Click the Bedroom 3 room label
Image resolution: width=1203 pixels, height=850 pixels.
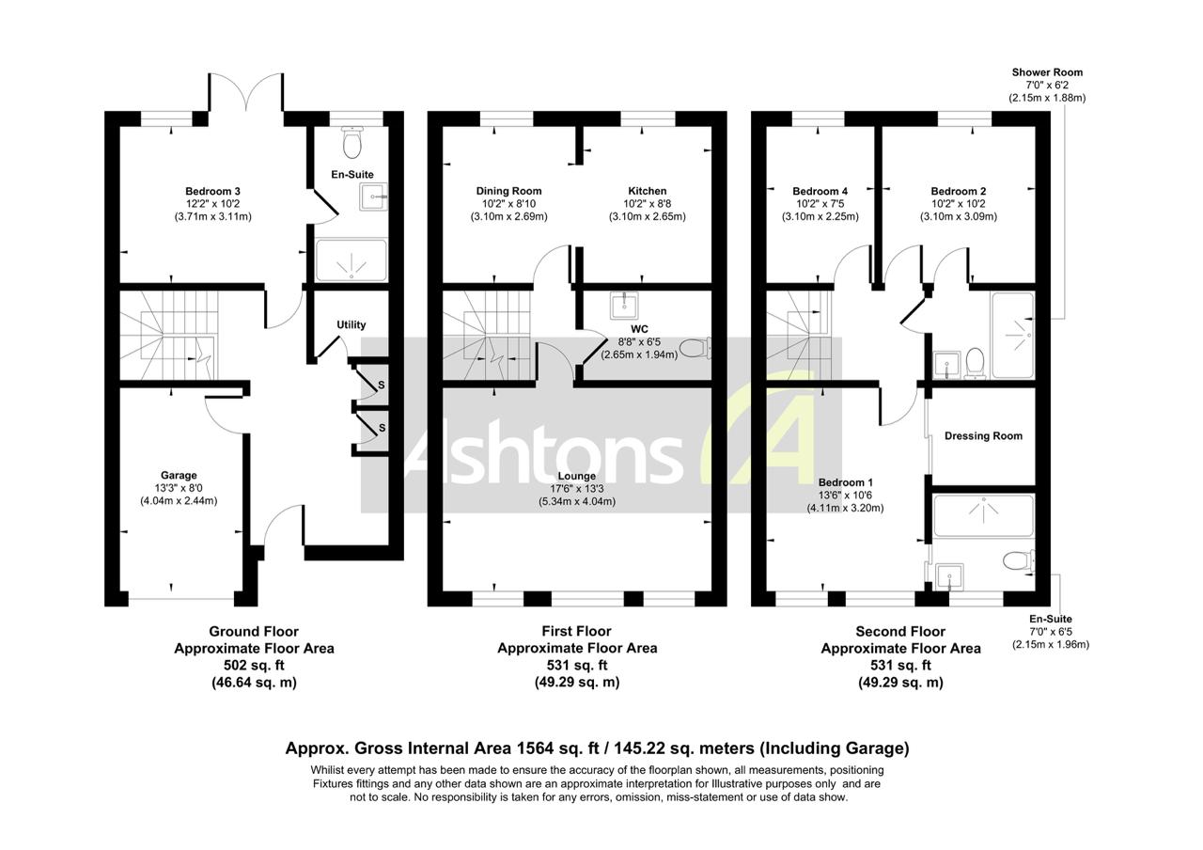coord(212,191)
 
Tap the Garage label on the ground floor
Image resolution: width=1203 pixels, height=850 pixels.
coord(179,475)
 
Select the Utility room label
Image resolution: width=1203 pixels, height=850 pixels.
coord(352,325)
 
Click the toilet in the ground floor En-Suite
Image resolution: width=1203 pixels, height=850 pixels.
coord(352,143)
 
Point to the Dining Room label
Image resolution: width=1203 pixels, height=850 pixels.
coord(508,191)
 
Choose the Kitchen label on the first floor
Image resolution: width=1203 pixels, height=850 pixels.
coord(647,191)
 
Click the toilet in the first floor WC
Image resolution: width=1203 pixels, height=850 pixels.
coord(695,349)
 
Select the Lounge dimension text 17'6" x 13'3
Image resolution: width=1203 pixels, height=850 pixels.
coord(576,489)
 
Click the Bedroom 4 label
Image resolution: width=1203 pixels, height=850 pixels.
coord(820,191)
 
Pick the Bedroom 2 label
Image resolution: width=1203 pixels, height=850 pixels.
coord(958,191)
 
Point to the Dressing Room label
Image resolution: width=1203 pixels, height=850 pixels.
coord(983,436)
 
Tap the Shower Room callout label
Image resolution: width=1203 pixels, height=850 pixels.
coord(1047,72)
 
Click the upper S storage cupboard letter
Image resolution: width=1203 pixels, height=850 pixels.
coord(381,386)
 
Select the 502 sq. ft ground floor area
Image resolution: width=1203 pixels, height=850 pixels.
coord(254,666)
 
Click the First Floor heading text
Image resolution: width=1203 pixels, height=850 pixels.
coord(576,632)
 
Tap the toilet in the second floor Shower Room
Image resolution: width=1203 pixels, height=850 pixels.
coord(975,360)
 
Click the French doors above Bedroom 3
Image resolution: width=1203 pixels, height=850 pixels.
coord(246,94)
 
